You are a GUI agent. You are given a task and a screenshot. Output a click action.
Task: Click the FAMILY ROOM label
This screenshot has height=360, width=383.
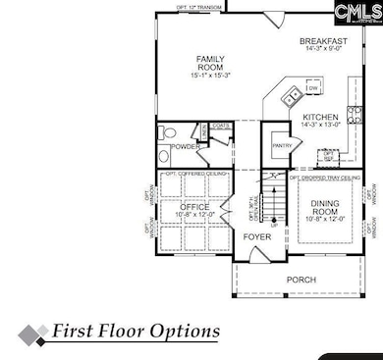click(x=211, y=64)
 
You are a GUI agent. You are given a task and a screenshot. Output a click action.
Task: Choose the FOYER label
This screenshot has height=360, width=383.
click(x=257, y=237)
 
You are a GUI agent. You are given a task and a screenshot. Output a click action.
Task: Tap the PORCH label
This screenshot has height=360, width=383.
click(x=301, y=280)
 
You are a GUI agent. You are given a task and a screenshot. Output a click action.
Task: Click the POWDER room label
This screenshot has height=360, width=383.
click(x=186, y=147)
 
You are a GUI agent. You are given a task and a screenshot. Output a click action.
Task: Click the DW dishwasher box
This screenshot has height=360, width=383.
click(x=312, y=89)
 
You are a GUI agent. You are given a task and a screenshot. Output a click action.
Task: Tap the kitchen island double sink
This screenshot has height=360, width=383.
click(x=292, y=95)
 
